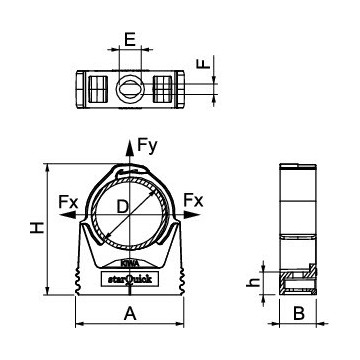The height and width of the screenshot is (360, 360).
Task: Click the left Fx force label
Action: [69, 202]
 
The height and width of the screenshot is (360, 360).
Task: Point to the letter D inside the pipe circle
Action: [121, 207]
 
